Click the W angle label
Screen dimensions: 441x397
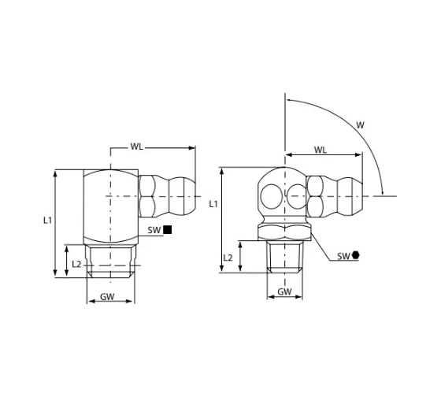click(x=360, y=125)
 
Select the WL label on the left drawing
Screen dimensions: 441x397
click(x=137, y=147)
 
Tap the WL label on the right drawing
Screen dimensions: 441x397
click(x=321, y=150)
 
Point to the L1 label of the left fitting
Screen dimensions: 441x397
click(x=47, y=221)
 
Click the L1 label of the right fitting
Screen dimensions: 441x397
click(x=213, y=204)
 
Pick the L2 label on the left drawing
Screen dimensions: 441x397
click(x=76, y=264)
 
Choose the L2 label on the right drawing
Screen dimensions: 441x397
click(x=228, y=258)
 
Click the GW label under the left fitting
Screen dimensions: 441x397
click(x=107, y=296)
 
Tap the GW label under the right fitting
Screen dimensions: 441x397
click(x=284, y=291)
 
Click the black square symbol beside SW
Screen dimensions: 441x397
click(x=168, y=229)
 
